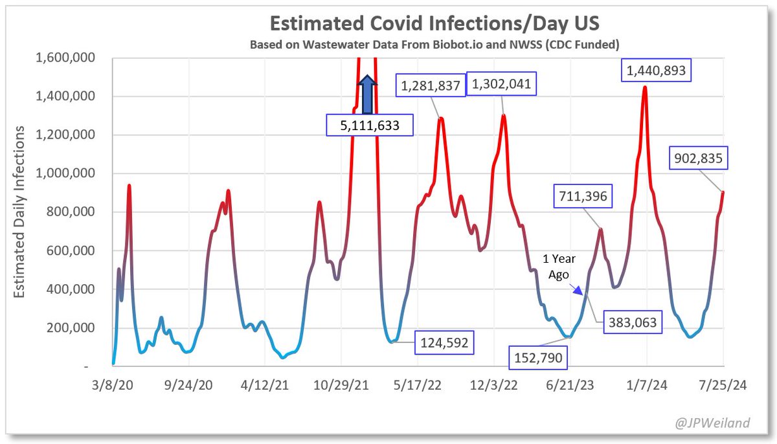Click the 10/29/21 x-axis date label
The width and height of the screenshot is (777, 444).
342,384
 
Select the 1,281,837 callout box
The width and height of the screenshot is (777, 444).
431,85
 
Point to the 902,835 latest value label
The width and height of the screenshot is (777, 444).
701,157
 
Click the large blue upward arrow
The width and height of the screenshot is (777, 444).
367,94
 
